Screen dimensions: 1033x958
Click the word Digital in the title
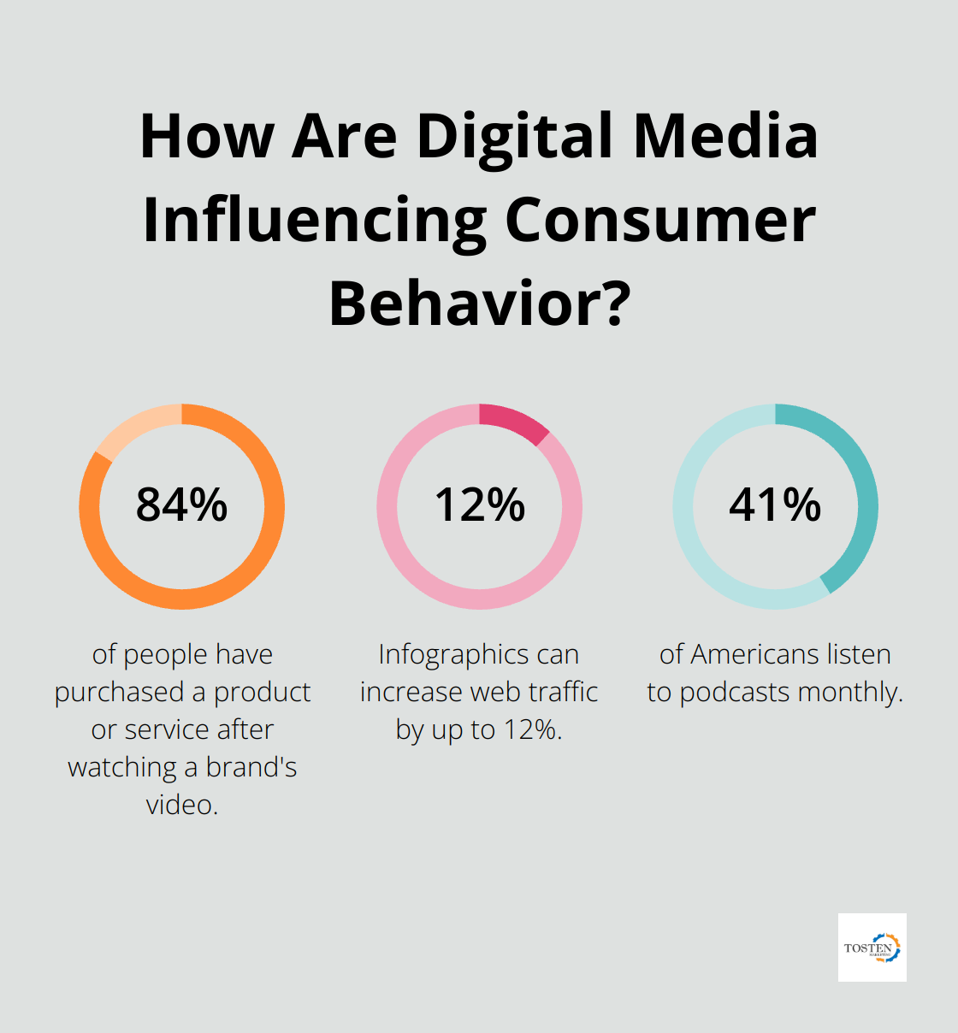515,136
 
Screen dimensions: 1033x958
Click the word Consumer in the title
659,220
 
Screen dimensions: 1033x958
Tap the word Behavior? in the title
480,304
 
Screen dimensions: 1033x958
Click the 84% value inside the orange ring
181,505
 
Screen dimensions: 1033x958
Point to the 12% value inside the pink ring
479,505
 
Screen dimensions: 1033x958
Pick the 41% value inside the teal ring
775,505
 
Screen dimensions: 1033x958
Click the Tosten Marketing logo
872,947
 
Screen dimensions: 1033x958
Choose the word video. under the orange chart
182,805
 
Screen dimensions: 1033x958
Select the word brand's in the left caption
251,767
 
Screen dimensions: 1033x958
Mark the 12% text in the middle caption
534,729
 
